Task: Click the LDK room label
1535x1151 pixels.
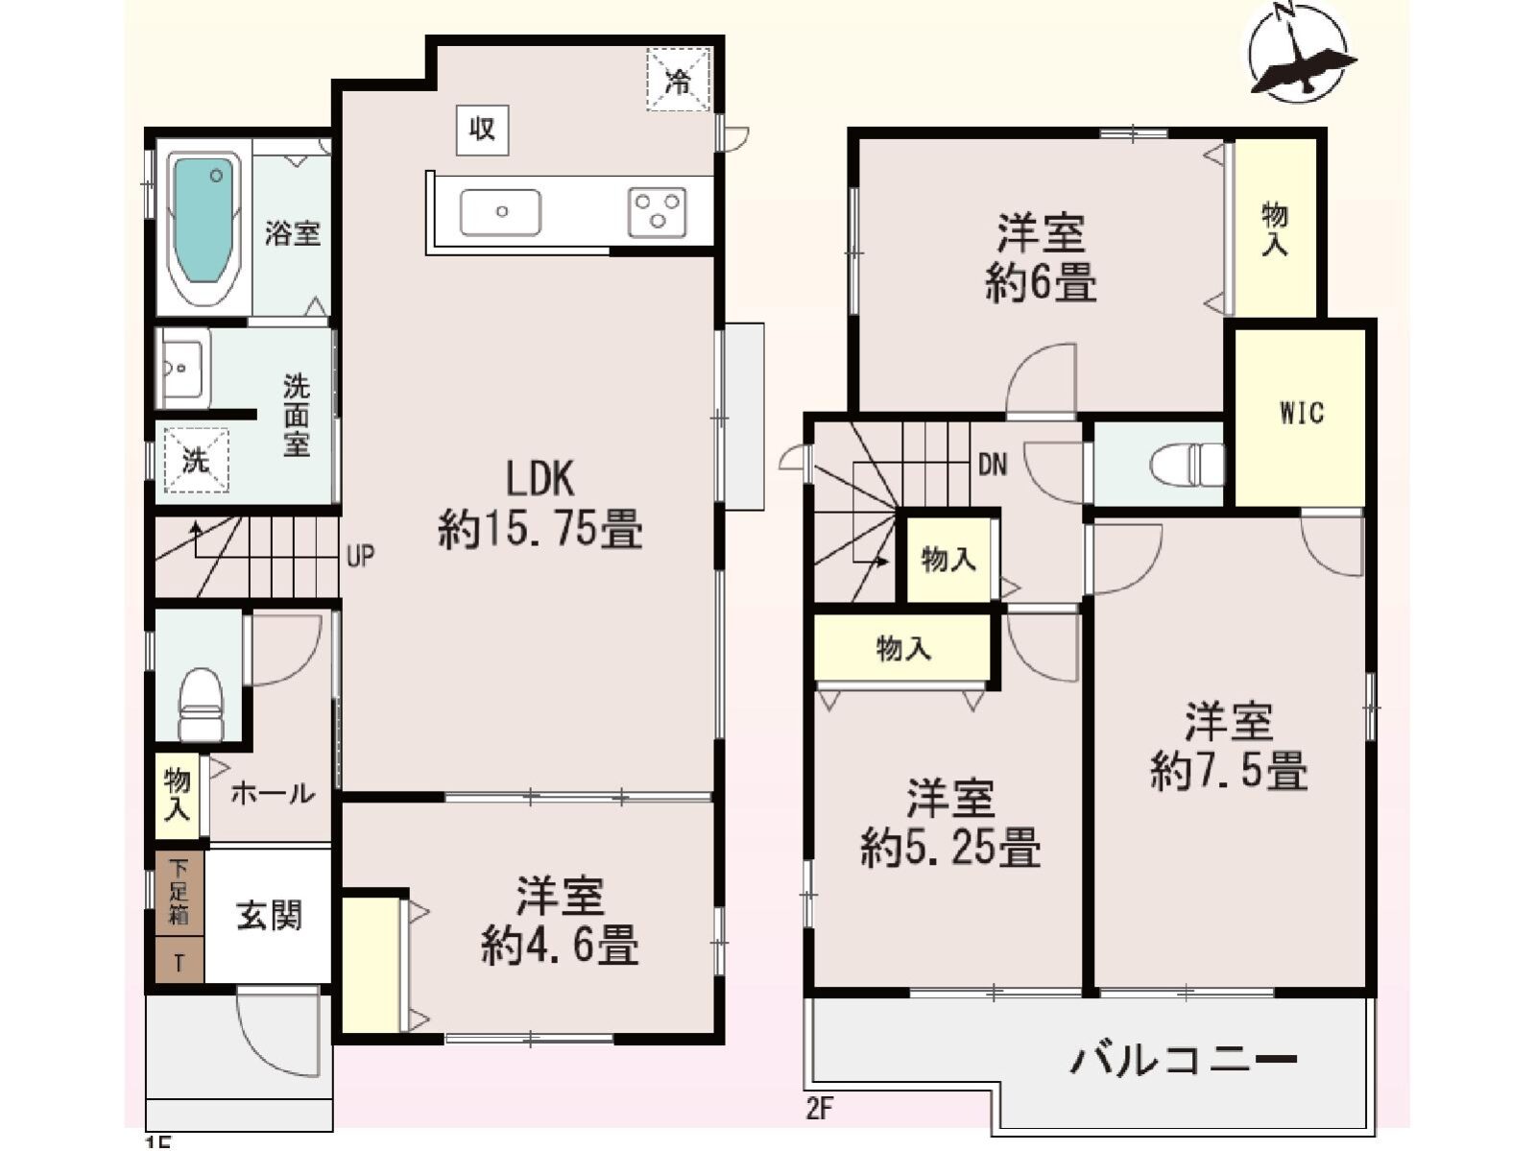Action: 540,477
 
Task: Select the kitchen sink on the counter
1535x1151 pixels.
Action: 500,212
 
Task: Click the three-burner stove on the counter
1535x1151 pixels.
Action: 658,212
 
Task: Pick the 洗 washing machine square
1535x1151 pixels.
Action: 196,461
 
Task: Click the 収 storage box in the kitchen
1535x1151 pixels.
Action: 482,129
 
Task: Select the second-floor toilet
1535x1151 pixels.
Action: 1187,465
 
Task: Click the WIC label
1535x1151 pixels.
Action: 1301,413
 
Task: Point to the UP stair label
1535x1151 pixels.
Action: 361,556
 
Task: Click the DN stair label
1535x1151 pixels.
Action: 993,466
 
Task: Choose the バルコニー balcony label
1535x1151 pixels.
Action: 1183,1061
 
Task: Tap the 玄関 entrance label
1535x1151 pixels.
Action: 269,916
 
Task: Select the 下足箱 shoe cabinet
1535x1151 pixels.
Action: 180,891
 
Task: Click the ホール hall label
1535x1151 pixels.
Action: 272,793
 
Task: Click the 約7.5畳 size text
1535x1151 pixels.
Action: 1229,770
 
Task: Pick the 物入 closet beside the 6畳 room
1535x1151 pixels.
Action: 1275,228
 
